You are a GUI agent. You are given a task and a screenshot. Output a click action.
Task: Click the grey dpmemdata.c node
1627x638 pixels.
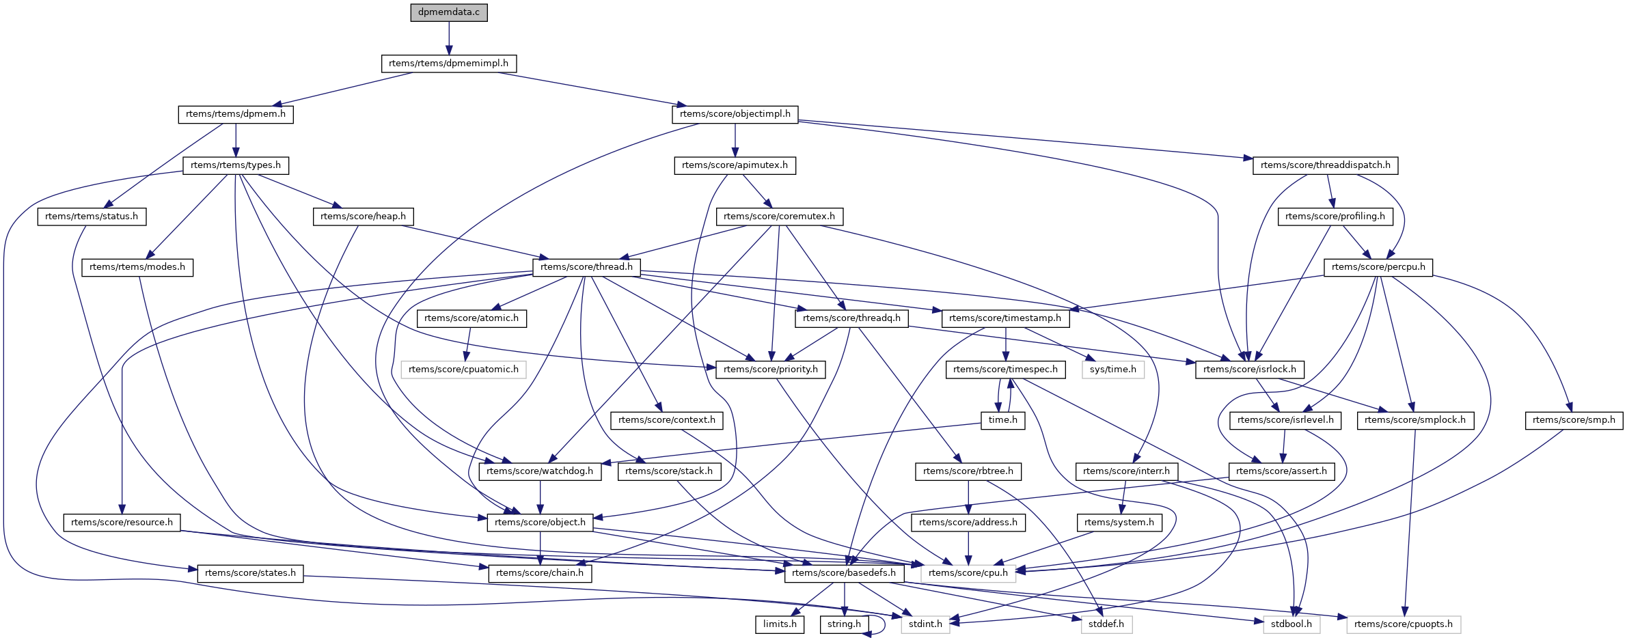449,12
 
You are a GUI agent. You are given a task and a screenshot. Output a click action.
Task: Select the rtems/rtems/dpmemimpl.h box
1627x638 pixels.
448,64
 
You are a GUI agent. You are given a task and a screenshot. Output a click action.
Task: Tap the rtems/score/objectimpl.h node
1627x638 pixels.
735,114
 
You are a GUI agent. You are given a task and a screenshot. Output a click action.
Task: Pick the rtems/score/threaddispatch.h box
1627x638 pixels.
1325,165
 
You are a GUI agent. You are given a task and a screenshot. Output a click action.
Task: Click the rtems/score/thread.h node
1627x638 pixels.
586,267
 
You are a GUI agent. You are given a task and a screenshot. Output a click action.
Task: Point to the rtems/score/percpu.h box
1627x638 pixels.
1378,267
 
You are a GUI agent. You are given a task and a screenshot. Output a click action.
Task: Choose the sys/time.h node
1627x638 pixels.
1112,370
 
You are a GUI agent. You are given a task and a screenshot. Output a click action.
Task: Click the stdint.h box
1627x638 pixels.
925,624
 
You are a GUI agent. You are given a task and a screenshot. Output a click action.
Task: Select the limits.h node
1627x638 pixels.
780,624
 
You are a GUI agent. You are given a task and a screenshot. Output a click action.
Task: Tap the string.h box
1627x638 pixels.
844,624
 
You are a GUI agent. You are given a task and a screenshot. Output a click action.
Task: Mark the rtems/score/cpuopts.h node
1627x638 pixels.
1403,624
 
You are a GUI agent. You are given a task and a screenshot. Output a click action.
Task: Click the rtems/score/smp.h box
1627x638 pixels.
1573,420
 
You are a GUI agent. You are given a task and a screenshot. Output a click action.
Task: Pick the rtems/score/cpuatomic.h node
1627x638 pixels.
463,370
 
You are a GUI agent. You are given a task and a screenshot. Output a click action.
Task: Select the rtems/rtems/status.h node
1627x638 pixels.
92,217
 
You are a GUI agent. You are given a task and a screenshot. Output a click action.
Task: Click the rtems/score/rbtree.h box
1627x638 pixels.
968,471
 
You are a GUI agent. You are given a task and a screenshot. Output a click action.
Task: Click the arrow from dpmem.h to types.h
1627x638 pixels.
236,139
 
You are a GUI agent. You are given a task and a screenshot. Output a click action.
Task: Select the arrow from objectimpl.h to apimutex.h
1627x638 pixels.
735,139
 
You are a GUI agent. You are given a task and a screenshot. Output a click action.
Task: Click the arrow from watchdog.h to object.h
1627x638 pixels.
540,497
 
